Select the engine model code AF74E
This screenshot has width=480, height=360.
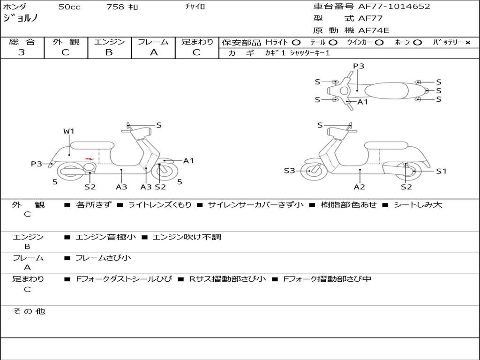pos(374,31)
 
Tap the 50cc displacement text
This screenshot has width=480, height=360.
pos(69,7)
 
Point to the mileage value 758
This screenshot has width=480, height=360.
pos(115,7)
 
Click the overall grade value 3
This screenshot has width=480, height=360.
pos(22,52)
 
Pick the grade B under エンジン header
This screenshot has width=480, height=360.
pos(109,52)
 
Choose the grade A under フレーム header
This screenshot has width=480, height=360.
pos(153,52)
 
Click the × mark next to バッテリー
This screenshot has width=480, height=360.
pos(467,43)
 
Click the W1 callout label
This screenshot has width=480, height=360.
pos(69,131)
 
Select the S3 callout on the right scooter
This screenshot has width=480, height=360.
pos(289,171)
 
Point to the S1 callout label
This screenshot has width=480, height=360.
pos(441,171)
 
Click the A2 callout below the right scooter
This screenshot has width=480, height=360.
pos(360,187)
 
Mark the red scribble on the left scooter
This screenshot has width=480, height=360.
pos(89,159)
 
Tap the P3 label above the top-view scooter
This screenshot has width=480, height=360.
pos(359,66)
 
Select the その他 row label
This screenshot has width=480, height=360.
pos(29,311)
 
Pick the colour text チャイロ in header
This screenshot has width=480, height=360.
pos(195,7)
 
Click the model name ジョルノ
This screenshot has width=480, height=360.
pos(21,18)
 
